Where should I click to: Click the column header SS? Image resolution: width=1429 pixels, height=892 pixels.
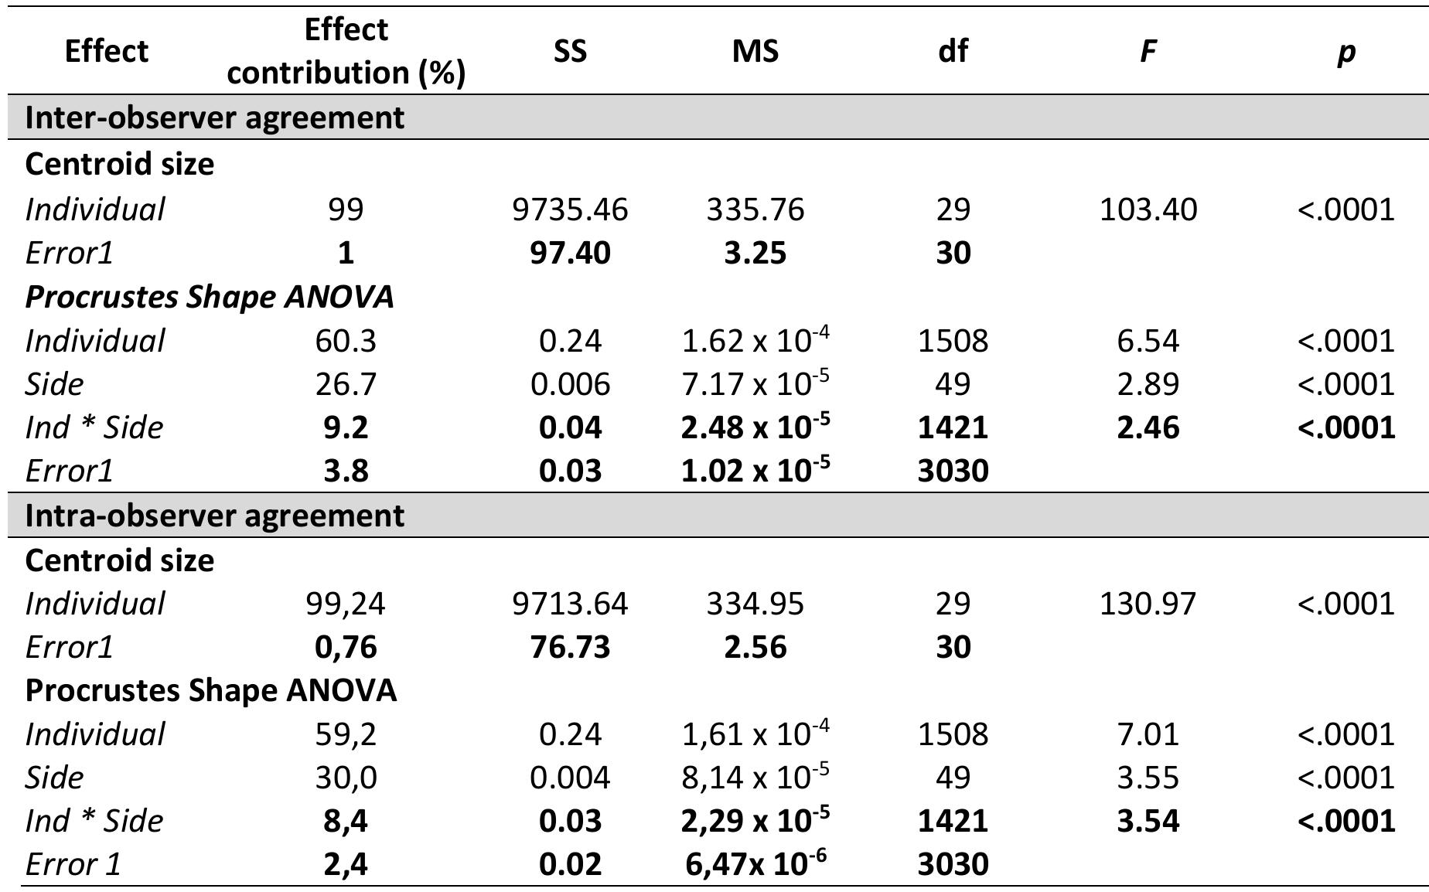click(570, 51)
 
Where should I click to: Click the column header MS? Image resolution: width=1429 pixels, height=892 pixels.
click(755, 51)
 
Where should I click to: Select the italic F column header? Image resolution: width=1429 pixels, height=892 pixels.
click(1148, 51)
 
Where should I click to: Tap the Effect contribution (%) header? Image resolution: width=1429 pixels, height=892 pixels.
click(346, 51)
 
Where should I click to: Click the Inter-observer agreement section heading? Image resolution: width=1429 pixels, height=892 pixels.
click(214, 117)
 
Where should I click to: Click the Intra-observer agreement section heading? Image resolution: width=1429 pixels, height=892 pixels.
click(214, 516)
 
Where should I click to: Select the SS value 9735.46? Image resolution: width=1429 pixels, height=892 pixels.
click(570, 209)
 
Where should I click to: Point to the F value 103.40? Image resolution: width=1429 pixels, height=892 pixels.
click(1148, 209)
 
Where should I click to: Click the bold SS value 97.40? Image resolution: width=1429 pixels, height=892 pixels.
click(570, 253)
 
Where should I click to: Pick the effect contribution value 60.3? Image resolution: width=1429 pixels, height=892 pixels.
click(346, 341)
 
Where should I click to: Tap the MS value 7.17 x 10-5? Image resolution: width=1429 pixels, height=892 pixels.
click(755, 384)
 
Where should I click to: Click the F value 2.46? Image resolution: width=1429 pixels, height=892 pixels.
click(1148, 427)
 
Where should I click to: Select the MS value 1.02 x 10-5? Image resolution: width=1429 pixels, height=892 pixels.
click(755, 471)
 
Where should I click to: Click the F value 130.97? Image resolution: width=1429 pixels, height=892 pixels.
click(1148, 604)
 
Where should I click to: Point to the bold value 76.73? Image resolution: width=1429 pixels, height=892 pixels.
click(570, 647)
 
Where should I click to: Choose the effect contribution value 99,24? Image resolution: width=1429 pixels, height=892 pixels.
click(346, 604)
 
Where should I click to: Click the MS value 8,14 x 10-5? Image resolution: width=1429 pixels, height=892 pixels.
click(755, 777)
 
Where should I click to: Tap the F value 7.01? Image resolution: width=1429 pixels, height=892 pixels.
click(1148, 734)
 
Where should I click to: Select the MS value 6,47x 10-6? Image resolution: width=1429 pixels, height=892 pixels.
click(755, 863)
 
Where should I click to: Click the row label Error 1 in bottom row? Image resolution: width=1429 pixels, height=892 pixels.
click(73, 863)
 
